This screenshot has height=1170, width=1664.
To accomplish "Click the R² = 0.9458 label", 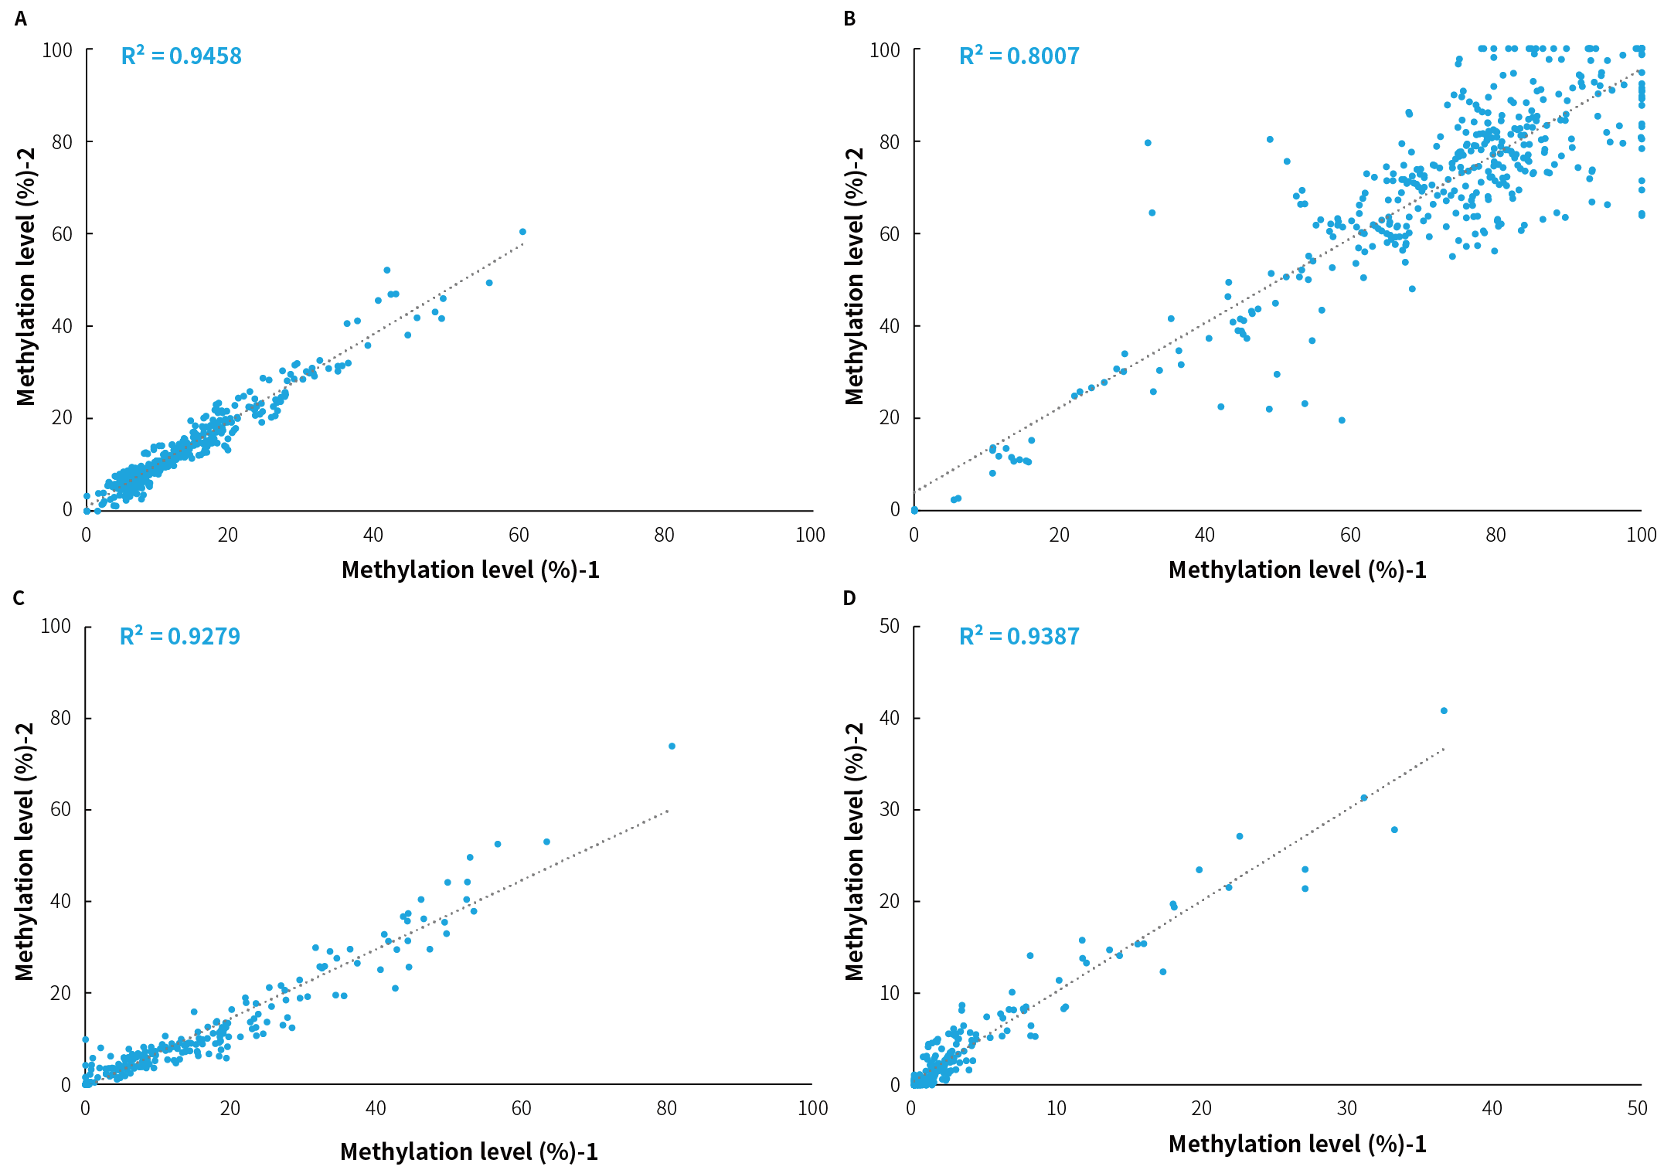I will [x=181, y=56].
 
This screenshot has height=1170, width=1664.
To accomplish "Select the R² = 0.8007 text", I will [x=1019, y=56].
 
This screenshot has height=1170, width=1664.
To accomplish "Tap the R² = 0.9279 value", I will [x=179, y=637].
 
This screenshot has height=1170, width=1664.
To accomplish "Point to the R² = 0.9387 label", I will [x=1019, y=637].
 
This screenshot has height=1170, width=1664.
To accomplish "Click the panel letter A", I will [x=21, y=19].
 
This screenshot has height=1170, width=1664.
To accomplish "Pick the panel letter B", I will [x=849, y=19].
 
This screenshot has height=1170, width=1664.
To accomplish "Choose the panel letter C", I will [x=19, y=598].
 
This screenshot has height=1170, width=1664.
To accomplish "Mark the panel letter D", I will [x=849, y=598].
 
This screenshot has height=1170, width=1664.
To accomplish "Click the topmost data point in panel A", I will [x=522, y=232].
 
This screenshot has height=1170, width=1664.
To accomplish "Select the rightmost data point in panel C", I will [x=672, y=747].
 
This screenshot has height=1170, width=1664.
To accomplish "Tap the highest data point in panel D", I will [x=1444, y=711].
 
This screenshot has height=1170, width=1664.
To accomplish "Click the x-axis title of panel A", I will [x=470, y=570].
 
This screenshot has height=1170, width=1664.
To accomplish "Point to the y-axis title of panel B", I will [x=854, y=276].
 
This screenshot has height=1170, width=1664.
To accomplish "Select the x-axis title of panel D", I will [x=1297, y=1144].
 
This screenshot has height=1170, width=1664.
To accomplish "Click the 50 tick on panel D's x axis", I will [x=1637, y=1109].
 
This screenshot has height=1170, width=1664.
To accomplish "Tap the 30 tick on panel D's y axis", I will [x=890, y=809].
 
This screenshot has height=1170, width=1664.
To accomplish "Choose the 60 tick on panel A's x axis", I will [x=519, y=535].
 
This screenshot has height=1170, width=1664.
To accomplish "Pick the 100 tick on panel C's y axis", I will [x=56, y=626].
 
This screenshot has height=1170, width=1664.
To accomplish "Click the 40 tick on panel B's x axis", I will [x=1204, y=535].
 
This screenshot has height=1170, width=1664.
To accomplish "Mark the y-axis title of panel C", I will [x=25, y=852].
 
